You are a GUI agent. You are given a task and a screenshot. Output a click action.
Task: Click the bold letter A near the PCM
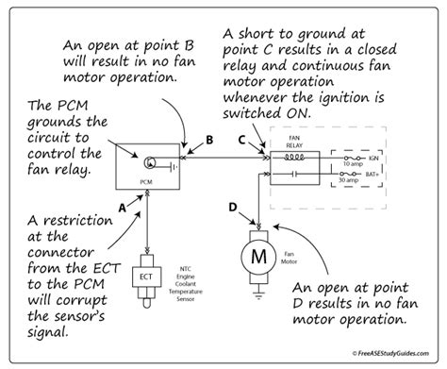click(x=122, y=208)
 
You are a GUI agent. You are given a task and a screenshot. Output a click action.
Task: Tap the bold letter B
click(x=209, y=140)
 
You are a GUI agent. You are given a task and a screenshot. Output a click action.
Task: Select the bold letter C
click(x=241, y=140)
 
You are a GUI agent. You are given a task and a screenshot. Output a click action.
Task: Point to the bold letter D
click(x=233, y=207)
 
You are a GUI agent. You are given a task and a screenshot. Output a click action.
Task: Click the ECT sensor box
click(x=146, y=277)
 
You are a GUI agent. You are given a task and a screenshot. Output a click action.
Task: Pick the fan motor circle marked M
click(x=258, y=257)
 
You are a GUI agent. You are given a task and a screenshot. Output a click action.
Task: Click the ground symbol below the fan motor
click(x=258, y=295)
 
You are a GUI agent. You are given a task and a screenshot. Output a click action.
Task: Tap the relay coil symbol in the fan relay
click(x=294, y=157)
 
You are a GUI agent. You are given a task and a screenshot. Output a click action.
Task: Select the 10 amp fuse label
click(x=353, y=164)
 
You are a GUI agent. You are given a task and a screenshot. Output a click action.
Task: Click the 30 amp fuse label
click(x=348, y=180)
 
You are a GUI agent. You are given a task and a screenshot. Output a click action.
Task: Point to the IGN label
click(x=373, y=158)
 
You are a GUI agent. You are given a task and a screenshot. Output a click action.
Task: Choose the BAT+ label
click(x=372, y=174)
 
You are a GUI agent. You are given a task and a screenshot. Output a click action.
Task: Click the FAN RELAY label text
click(x=294, y=142)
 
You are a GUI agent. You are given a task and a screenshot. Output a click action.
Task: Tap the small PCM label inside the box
click(x=146, y=182)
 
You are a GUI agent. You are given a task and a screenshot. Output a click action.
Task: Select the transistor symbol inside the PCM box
click(x=149, y=162)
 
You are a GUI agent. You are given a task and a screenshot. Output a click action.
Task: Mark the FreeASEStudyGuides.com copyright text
click(x=390, y=353)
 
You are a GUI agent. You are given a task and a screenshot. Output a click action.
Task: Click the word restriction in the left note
click(x=77, y=220)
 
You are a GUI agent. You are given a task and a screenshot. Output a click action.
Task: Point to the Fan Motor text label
click(x=289, y=258)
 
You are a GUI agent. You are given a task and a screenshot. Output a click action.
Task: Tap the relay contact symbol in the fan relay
click(x=294, y=174)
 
